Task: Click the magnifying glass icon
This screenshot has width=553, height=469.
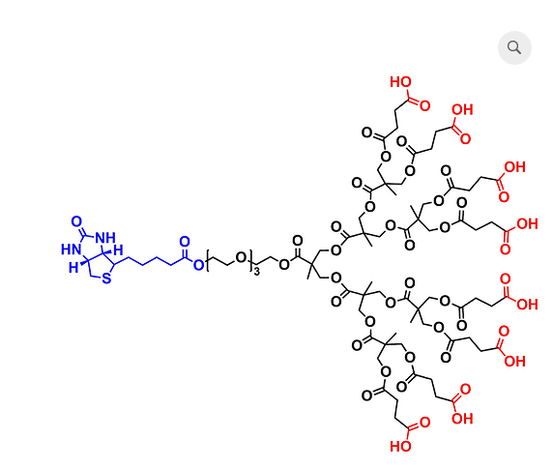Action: tap(514, 47)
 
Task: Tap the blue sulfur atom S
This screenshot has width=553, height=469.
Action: tap(106, 278)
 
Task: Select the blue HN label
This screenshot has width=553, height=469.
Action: tap(71, 249)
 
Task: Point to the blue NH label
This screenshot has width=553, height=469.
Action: tap(105, 238)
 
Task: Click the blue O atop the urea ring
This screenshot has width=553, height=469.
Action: tap(76, 221)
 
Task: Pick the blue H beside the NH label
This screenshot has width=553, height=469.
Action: tap(119, 250)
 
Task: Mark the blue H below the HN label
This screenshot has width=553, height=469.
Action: tap(73, 268)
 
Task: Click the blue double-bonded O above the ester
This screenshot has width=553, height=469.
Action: tap(185, 242)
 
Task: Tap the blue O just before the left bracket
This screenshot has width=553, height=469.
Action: tap(198, 265)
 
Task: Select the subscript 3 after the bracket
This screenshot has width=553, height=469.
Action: tap(257, 272)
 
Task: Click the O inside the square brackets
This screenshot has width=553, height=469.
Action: tap(241, 258)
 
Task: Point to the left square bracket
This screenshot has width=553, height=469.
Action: tap(209, 260)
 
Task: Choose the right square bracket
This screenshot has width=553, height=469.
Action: tap(251, 260)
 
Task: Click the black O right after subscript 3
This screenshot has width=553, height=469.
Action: tap(284, 264)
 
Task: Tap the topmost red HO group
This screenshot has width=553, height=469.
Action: tap(400, 82)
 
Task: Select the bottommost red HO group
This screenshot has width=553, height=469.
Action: tap(400, 447)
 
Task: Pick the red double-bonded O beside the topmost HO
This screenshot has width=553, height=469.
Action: tap(424, 105)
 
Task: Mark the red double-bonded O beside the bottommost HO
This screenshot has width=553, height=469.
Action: tap(424, 423)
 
